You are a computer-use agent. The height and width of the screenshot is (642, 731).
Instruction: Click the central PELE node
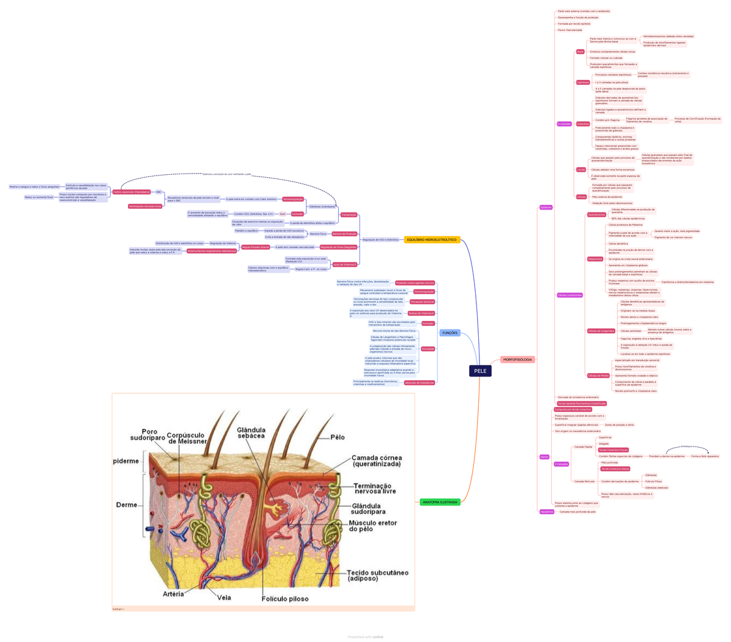[480, 371]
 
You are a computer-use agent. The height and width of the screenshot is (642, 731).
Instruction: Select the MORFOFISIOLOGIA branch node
[518, 359]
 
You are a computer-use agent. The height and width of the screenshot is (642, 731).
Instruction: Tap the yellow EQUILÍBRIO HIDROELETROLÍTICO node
[432, 240]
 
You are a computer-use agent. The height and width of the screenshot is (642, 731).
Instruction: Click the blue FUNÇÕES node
[450, 333]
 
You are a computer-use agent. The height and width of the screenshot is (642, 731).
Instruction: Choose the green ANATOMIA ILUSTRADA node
[440, 503]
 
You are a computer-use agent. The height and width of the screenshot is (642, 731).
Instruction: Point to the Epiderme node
[546, 207]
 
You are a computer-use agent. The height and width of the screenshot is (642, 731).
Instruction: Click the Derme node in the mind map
[545, 457]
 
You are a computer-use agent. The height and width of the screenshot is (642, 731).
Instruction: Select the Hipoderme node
[547, 512]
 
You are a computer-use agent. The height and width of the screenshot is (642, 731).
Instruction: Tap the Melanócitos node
[595, 259]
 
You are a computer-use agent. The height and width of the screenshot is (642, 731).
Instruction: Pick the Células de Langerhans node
[601, 331]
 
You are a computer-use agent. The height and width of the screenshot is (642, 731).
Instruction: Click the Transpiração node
[349, 215]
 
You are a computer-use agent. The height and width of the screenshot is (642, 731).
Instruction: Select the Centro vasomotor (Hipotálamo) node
[131, 192]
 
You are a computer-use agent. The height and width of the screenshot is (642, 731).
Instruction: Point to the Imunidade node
[428, 349]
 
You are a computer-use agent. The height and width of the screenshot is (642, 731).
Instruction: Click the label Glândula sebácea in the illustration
[250, 433]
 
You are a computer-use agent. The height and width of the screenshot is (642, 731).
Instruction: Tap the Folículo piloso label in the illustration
[285, 599]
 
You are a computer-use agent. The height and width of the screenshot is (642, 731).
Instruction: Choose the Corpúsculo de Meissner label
[186, 437]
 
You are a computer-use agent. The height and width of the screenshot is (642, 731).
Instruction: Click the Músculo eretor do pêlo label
[372, 526]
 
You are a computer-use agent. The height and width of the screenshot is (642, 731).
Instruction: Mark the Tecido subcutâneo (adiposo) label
[377, 576]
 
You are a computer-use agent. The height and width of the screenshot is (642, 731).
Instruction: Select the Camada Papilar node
[583, 447]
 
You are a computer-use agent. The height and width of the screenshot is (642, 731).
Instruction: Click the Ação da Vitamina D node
[345, 265]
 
